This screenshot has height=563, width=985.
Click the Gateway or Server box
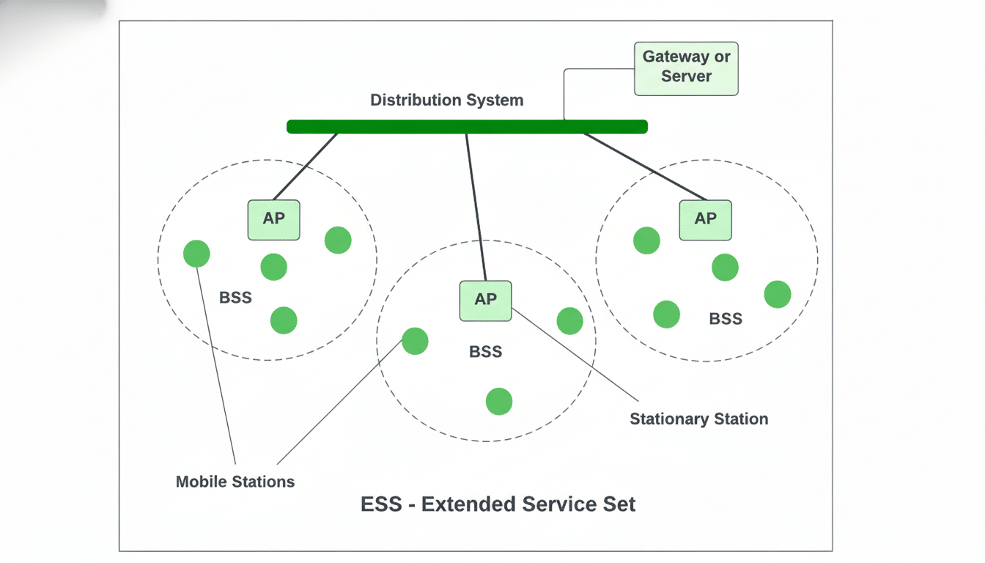tap(686, 68)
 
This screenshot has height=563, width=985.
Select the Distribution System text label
tap(446, 100)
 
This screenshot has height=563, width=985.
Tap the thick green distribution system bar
tap(467, 127)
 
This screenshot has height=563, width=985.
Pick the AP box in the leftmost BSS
tap(273, 219)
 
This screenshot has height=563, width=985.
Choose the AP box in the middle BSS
tap(485, 300)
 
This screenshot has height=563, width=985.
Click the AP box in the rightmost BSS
tap(705, 219)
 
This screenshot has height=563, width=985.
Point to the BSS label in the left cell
tap(235, 298)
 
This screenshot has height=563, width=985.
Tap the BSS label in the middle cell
tap(485, 352)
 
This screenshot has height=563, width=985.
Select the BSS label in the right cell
tap(726, 319)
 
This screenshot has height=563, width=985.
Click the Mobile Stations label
tap(235, 482)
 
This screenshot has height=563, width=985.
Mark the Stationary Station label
tap(698, 419)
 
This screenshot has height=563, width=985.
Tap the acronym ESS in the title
tap(380, 504)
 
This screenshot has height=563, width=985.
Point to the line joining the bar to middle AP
tap(476, 205)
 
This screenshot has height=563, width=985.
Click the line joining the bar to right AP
tap(645, 166)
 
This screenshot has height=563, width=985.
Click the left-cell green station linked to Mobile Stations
tap(196, 254)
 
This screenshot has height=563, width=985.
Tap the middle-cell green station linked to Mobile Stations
tap(415, 341)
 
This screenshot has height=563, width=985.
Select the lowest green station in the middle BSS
tap(498, 401)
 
